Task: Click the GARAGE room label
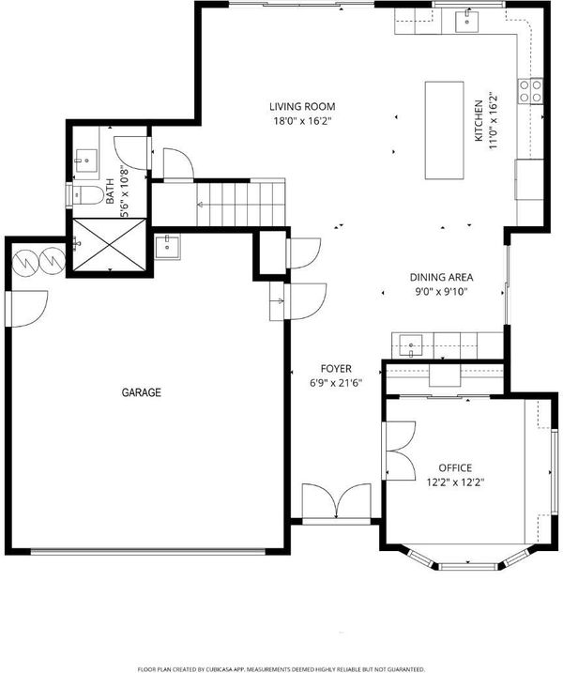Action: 141,392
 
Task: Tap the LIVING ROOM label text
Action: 302,106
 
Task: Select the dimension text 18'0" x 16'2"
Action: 302,121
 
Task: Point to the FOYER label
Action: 336,368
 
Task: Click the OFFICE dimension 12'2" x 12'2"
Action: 455,482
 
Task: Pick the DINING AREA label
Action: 441,277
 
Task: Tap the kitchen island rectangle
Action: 444,130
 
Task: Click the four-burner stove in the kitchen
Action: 531,90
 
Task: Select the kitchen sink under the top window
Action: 466,22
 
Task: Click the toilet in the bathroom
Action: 86,196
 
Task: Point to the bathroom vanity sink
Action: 85,161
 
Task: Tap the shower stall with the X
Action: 110,245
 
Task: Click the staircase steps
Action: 241,203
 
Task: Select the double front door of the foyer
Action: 337,503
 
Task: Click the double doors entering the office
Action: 399,451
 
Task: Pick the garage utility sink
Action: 167,246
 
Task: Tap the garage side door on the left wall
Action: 25,309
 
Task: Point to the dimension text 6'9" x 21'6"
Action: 336,383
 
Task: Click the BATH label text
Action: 110,191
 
